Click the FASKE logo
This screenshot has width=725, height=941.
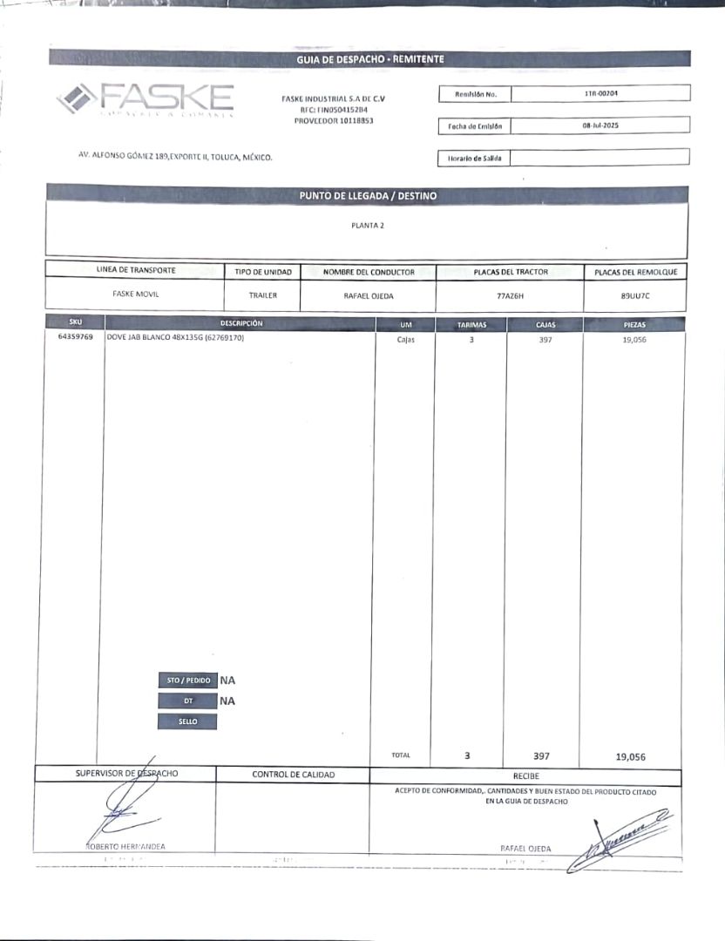pyautogui.click(x=146, y=98)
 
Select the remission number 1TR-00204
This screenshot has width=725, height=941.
pyautogui.click(x=601, y=92)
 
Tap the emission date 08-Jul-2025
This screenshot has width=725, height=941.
pyautogui.click(x=601, y=125)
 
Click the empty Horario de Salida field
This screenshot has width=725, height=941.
pyautogui.click(x=600, y=158)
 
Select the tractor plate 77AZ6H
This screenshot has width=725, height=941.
pyautogui.click(x=510, y=296)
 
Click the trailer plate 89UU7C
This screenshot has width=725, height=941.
pyautogui.click(x=635, y=296)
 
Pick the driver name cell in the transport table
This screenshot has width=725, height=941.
pyautogui.click(x=369, y=296)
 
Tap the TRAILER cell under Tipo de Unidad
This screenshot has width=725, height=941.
pyautogui.click(x=262, y=296)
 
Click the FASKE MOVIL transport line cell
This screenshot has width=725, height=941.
pyautogui.click(x=135, y=294)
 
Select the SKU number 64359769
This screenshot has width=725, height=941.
pyautogui.click(x=75, y=338)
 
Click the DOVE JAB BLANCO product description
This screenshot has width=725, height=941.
pyautogui.click(x=174, y=338)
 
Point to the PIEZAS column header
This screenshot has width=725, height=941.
pyautogui.click(x=634, y=324)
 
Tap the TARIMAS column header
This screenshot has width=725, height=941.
pyautogui.click(x=471, y=324)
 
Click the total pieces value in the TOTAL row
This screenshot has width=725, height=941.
pyautogui.click(x=630, y=757)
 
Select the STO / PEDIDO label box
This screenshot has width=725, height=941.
pyautogui.click(x=187, y=680)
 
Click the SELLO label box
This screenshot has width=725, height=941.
pyautogui.click(x=187, y=721)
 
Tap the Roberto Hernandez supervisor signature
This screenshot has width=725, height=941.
pyautogui.click(x=126, y=806)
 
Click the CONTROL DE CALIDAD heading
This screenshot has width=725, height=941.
pyautogui.click(x=293, y=775)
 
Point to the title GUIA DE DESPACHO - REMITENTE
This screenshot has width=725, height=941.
pyautogui.click(x=369, y=59)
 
